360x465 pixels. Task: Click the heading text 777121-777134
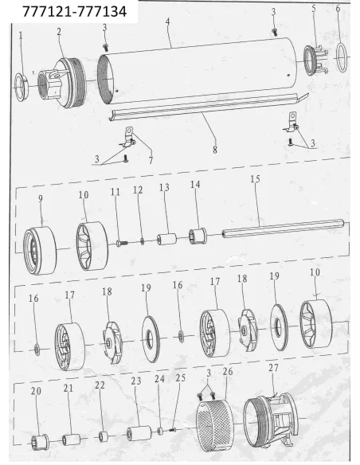(x=74, y=12)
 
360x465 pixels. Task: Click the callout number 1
(x=21, y=36)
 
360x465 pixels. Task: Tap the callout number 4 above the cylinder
(x=168, y=21)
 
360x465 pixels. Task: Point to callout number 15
(x=255, y=179)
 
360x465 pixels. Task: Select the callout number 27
(x=273, y=368)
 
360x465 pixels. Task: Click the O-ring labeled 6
(x=342, y=57)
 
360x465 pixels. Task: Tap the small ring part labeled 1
(x=22, y=88)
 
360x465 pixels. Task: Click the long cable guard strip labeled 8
(x=208, y=107)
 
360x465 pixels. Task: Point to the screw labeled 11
(x=122, y=243)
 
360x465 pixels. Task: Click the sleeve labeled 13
(x=166, y=240)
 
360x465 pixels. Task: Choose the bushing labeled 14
(x=198, y=236)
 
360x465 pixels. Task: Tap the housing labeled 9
(x=40, y=251)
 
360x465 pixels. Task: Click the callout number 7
(x=151, y=160)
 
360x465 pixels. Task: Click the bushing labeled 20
(x=40, y=440)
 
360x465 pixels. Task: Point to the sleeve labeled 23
(x=139, y=432)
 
